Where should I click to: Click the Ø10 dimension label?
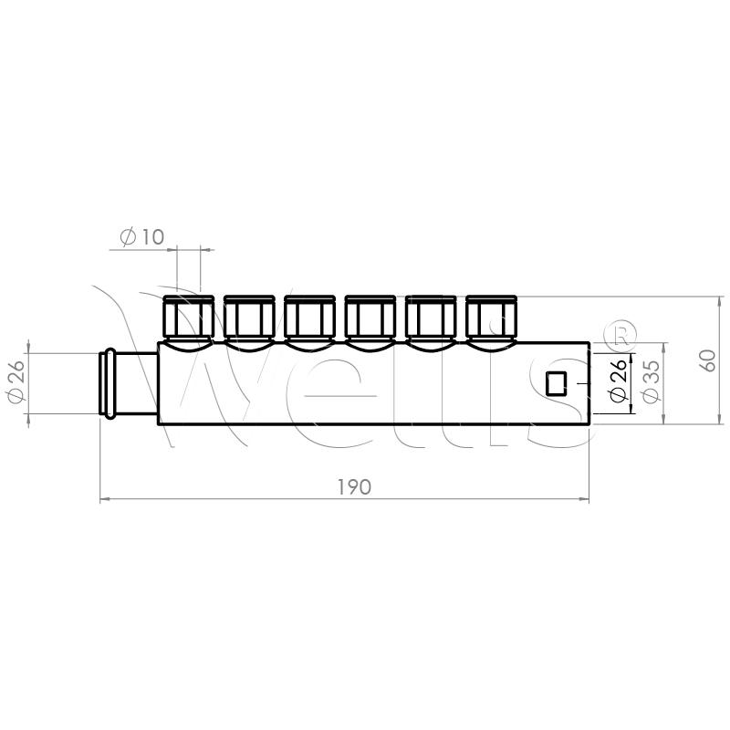click(142, 237)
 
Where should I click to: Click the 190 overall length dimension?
click(354, 487)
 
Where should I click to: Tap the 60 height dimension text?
click(708, 360)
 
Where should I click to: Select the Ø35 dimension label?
click(651, 381)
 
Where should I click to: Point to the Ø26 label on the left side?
click(16, 381)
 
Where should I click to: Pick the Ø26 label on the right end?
click(618, 381)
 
